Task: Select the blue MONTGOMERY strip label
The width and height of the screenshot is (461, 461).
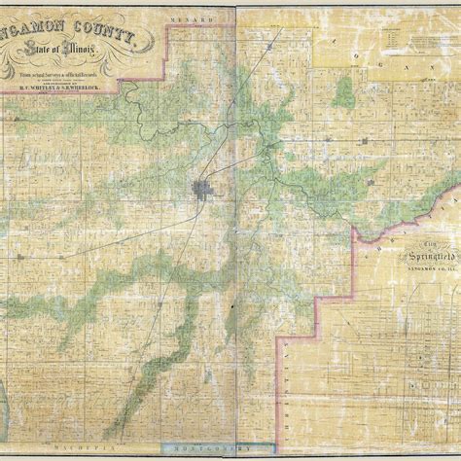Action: pyautogui.click(x=195, y=450)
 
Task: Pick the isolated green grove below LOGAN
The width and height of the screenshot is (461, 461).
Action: pyautogui.click(x=344, y=92)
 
